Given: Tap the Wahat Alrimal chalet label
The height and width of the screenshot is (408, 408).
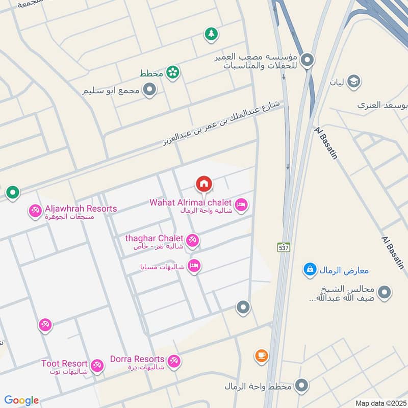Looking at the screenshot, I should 190,202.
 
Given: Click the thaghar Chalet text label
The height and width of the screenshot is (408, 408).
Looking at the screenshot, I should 154,238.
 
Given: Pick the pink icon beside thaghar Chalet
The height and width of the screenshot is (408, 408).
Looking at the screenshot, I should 192,240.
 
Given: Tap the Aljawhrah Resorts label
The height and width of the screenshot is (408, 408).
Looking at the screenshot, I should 81,209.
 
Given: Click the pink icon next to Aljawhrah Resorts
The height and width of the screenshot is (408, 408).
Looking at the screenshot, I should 35,210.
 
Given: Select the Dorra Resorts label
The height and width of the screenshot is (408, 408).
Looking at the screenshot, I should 137,359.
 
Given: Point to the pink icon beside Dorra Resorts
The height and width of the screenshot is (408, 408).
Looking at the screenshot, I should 174,361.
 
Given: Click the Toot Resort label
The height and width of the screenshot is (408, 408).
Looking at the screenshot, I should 64,364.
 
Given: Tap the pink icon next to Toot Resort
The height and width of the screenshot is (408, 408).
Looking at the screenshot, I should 97,365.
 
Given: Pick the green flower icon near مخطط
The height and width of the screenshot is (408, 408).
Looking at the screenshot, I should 173,73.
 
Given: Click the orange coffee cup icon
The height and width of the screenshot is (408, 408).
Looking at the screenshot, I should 261,355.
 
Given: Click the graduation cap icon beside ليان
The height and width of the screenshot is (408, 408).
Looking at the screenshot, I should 353,81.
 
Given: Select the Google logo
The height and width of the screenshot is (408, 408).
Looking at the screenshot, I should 21,400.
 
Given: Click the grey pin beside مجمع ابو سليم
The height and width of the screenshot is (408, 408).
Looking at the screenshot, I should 149,91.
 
